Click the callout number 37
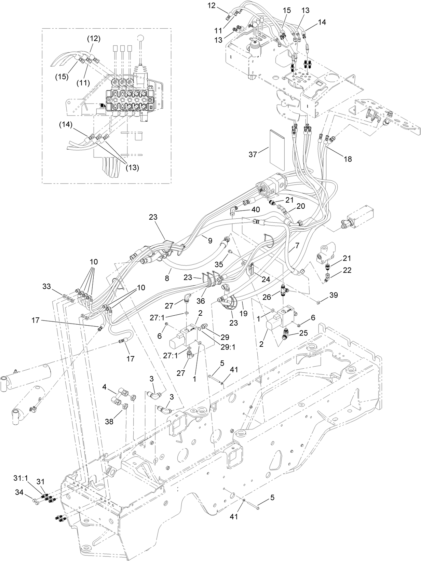pyautogui.click(x=253, y=154)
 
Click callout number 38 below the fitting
pyautogui.click(x=109, y=422)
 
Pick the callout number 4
pyautogui.click(x=105, y=387)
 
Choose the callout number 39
pyautogui.click(x=334, y=295)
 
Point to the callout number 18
pyautogui.click(x=348, y=159)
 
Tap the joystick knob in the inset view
pyautogui.click(x=140, y=38)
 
